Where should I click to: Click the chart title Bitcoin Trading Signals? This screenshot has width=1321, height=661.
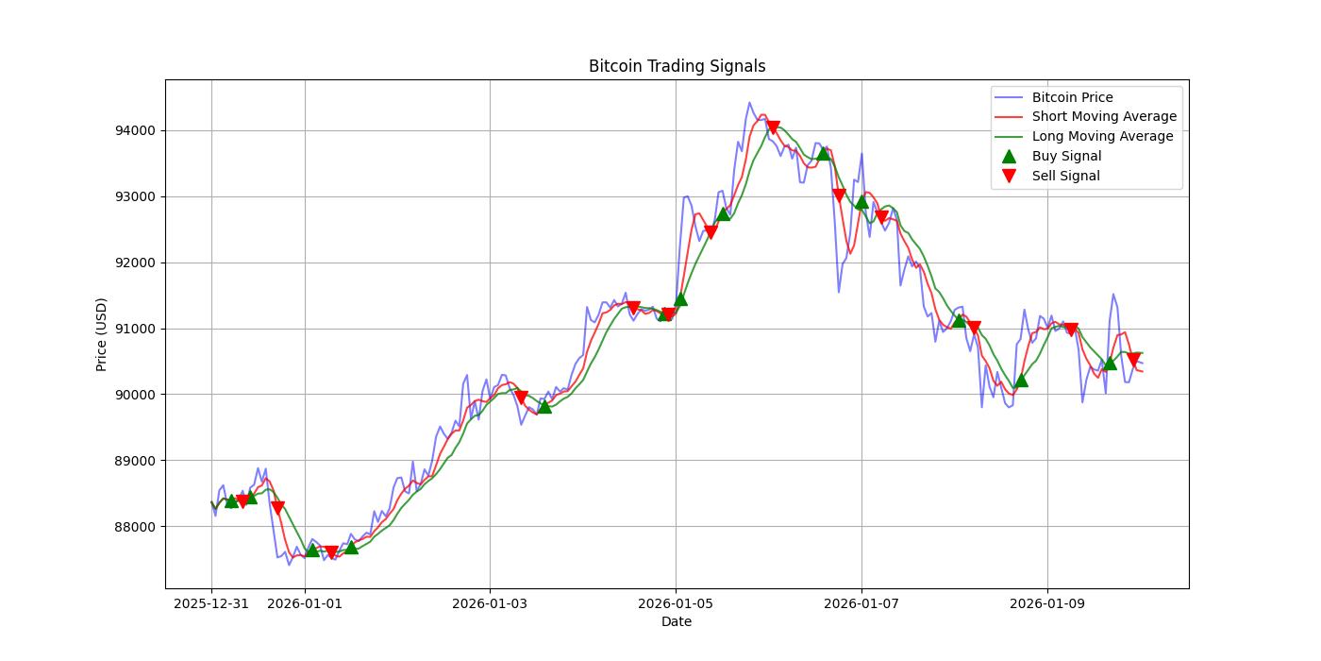(677, 66)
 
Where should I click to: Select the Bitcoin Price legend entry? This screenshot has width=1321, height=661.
(1072, 97)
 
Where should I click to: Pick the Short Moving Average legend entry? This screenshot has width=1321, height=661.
(1104, 117)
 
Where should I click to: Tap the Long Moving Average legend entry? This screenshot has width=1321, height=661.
(1102, 136)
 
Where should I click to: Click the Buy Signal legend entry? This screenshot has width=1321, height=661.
(1066, 156)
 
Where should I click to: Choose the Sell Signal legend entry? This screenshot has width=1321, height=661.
(1065, 176)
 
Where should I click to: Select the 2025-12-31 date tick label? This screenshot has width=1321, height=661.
(211, 603)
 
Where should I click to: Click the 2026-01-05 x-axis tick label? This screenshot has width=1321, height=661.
(676, 603)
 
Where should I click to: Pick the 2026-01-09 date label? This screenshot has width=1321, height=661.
(1047, 603)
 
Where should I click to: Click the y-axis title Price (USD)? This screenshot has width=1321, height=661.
(102, 334)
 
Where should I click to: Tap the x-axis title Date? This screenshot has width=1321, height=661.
(677, 621)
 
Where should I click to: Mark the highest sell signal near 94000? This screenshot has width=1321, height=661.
(773, 127)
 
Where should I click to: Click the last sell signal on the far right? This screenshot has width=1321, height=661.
(1133, 360)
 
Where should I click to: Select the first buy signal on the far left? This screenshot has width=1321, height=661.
(231, 500)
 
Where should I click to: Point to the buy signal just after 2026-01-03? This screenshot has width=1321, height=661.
(544, 406)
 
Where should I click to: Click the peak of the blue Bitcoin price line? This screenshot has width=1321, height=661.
(749, 103)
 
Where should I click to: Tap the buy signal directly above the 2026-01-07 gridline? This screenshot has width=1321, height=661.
(861, 201)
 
